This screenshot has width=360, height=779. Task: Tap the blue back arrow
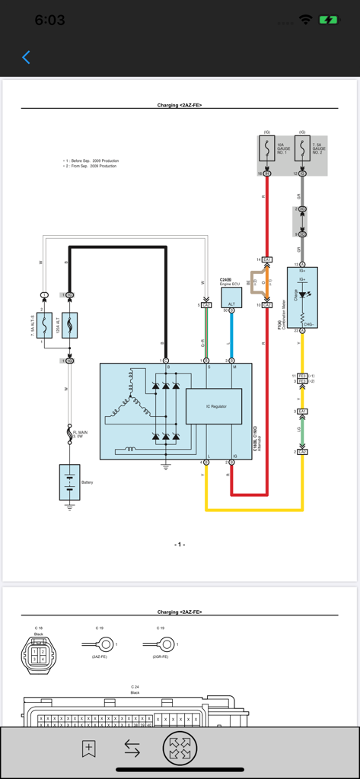coord(26,57)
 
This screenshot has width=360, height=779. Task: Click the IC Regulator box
coord(214,406)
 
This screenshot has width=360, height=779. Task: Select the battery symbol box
coord(69,482)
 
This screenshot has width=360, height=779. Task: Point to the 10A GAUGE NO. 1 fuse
coord(266,149)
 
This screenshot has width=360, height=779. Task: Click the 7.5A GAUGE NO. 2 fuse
coord(302,149)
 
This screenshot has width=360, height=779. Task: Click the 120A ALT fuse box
coord(69,326)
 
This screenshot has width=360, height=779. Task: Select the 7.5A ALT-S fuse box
coord(45,326)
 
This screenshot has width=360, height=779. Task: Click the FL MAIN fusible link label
coord(80,434)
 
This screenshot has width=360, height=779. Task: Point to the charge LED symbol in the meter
coord(303,294)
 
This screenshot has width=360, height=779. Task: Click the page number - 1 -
coord(180,545)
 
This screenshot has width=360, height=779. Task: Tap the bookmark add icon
coord(89,749)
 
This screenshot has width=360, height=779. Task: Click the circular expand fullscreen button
coord(180,749)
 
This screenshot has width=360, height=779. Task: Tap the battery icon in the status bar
coord(329,21)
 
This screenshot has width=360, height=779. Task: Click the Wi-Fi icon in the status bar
coord(305,21)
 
